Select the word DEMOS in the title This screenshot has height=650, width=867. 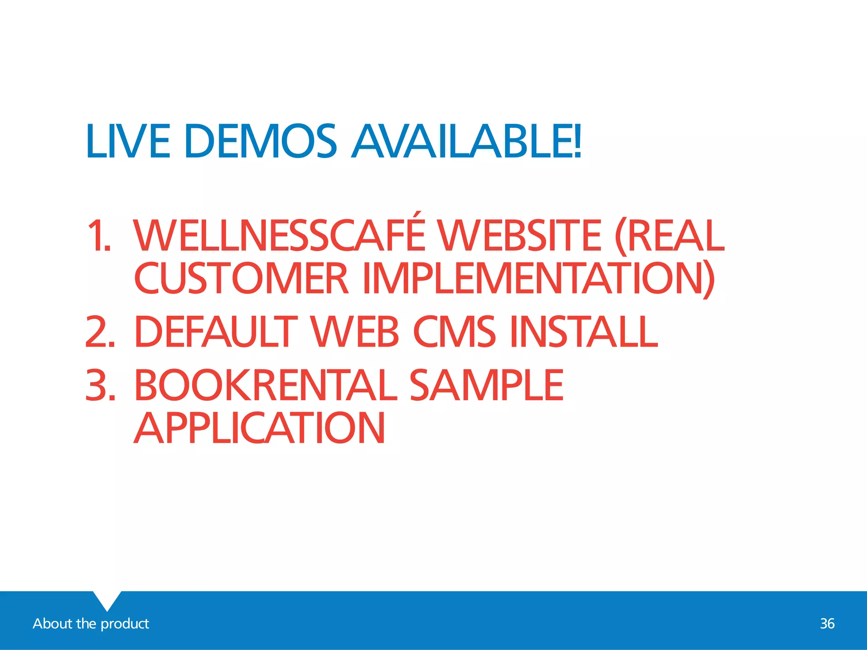pos(261,141)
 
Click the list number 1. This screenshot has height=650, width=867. pos(98,236)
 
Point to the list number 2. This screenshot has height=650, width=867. pos(100,332)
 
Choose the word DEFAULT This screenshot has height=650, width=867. pos(216,332)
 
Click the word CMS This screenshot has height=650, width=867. pos(454,332)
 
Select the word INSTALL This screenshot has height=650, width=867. pos(584,332)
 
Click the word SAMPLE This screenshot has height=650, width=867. pos(486,385)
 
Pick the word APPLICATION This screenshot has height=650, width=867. pos(260,428)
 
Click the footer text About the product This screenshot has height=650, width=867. pos(91,624)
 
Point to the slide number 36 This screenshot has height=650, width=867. pos(827,624)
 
